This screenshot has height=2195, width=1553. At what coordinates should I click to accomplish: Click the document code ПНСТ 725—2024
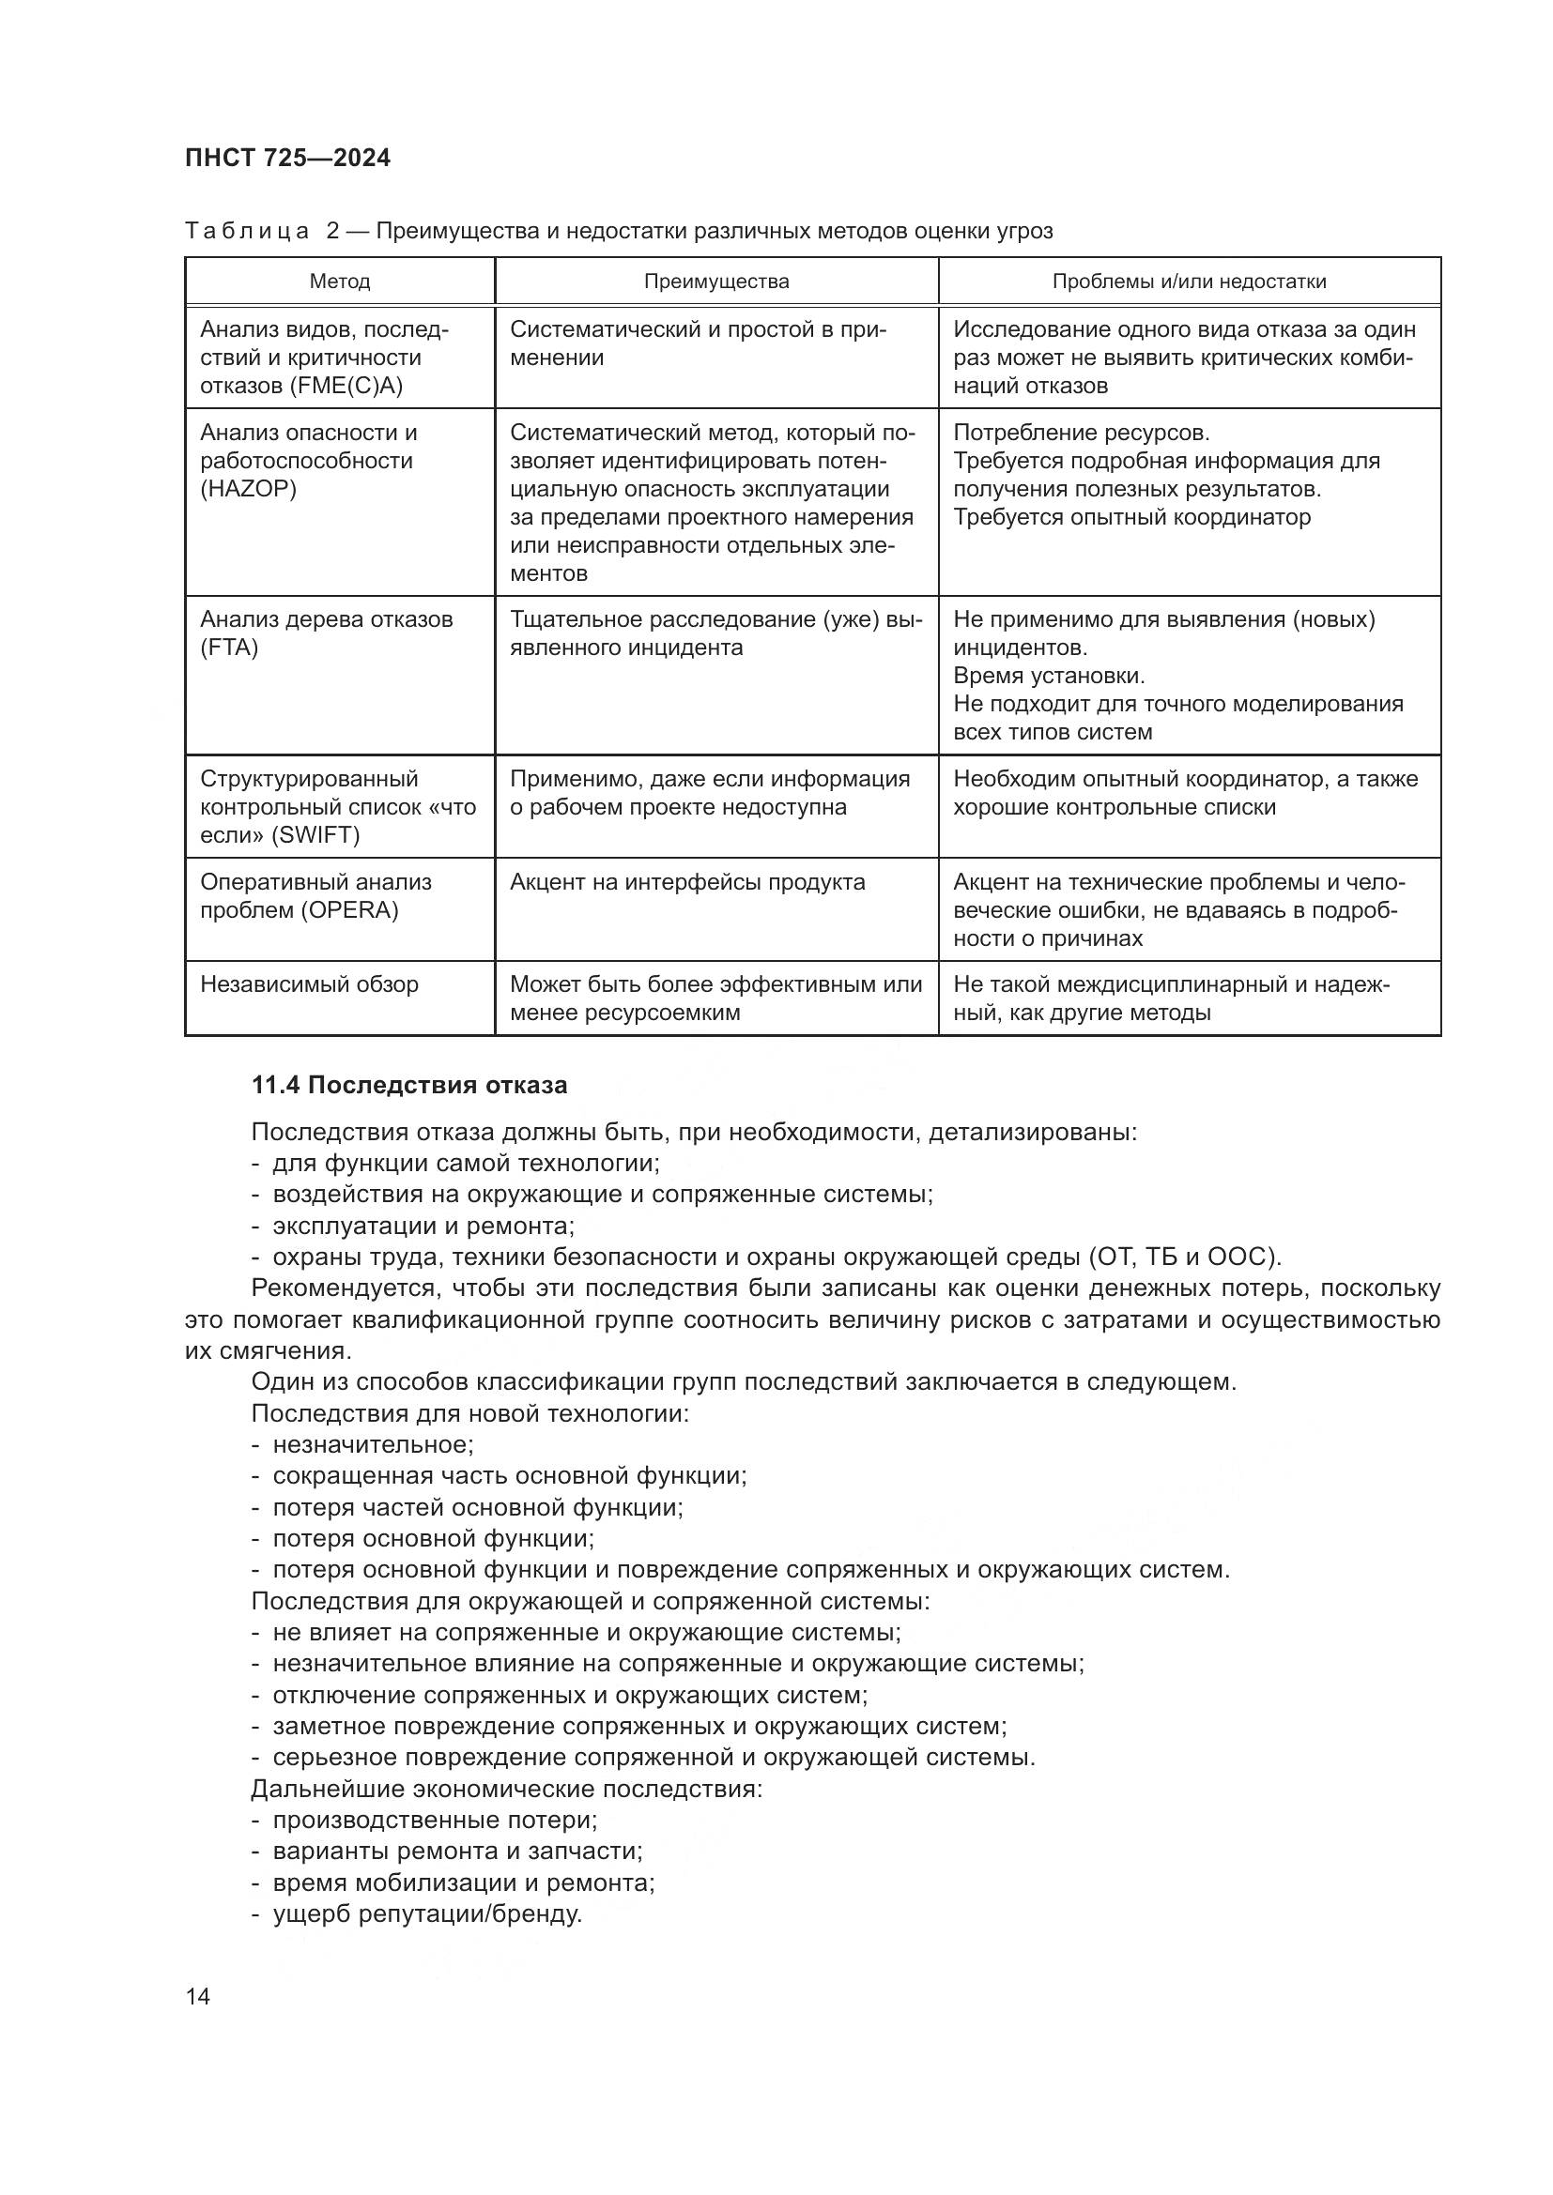coord(288,158)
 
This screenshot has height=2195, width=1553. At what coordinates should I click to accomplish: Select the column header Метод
coord(340,282)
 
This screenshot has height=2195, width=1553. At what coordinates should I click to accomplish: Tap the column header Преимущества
coord(716,282)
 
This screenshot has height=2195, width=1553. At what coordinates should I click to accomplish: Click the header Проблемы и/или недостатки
coord(1189,282)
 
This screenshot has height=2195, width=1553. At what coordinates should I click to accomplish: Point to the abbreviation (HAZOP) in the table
coord(248,490)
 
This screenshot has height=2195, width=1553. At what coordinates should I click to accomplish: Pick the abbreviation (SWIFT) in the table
coord(315,835)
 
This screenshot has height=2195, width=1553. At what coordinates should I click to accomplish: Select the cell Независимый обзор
coord(309,984)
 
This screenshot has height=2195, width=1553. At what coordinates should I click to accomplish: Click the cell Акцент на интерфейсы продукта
coord(686,882)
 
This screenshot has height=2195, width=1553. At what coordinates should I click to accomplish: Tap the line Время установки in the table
coord(1048,676)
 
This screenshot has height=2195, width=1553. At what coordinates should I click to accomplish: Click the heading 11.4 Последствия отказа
coord(409,1085)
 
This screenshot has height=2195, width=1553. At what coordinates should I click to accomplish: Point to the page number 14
coord(198,1996)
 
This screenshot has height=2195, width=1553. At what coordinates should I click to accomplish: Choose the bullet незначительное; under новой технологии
coord(373,1444)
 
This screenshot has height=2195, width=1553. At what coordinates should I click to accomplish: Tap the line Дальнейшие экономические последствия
coord(507,1789)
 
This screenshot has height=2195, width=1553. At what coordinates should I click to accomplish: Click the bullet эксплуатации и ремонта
coord(423,1226)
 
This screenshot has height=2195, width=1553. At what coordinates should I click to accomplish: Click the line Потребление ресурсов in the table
coord(1081,433)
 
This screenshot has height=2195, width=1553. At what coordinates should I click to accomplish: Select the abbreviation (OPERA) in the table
coord(349,910)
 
